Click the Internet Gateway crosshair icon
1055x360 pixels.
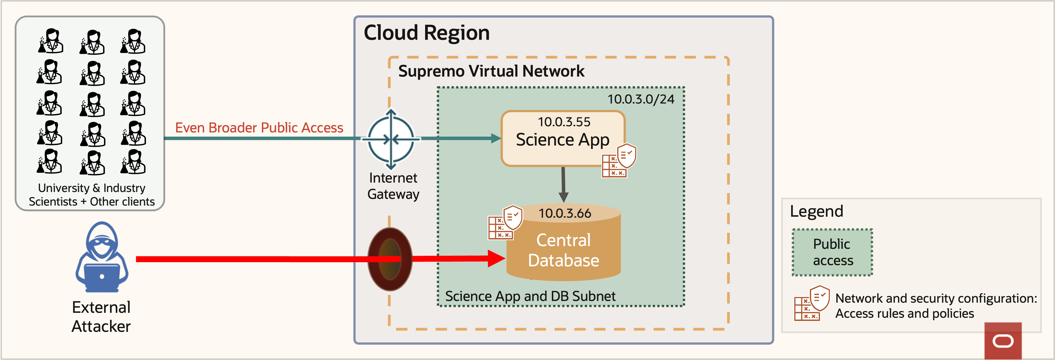391,140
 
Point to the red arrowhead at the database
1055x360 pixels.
496,258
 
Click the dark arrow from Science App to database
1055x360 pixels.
563,184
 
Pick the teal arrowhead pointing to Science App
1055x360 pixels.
496,138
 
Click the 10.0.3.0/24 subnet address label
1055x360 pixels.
641,99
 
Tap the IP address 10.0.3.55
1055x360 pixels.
564,122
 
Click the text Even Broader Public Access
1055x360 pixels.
259,128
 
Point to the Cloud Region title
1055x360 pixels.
426,33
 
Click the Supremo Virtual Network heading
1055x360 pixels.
491,71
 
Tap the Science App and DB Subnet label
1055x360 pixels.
530,296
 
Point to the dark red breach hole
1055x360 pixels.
390,259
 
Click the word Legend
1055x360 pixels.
816,211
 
